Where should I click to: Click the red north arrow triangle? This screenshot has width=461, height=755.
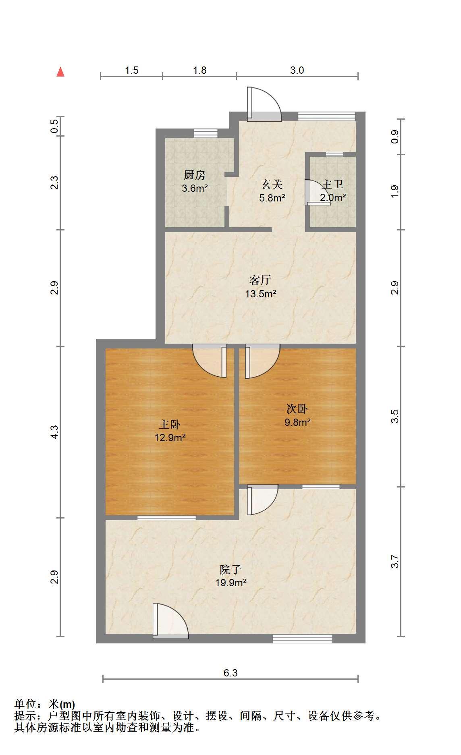point(60,72)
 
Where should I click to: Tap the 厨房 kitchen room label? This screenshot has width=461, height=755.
point(195,175)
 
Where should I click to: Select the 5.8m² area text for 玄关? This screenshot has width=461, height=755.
point(272,198)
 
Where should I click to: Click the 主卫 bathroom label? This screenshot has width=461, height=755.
point(333,185)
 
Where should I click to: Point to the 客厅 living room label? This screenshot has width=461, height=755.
point(260,280)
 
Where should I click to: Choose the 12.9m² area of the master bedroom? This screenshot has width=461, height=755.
point(170,438)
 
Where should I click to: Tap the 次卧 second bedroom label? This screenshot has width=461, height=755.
point(297,409)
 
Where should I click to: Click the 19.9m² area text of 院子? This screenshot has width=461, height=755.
point(230,583)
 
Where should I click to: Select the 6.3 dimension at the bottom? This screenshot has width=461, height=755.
point(230,673)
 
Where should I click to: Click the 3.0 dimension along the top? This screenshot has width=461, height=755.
point(297,70)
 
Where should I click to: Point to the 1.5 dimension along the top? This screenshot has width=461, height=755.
point(131,70)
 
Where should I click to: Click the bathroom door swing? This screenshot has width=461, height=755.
point(318,193)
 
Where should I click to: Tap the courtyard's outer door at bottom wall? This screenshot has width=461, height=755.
point(171,621)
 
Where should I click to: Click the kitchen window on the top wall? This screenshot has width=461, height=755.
point(206,133)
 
